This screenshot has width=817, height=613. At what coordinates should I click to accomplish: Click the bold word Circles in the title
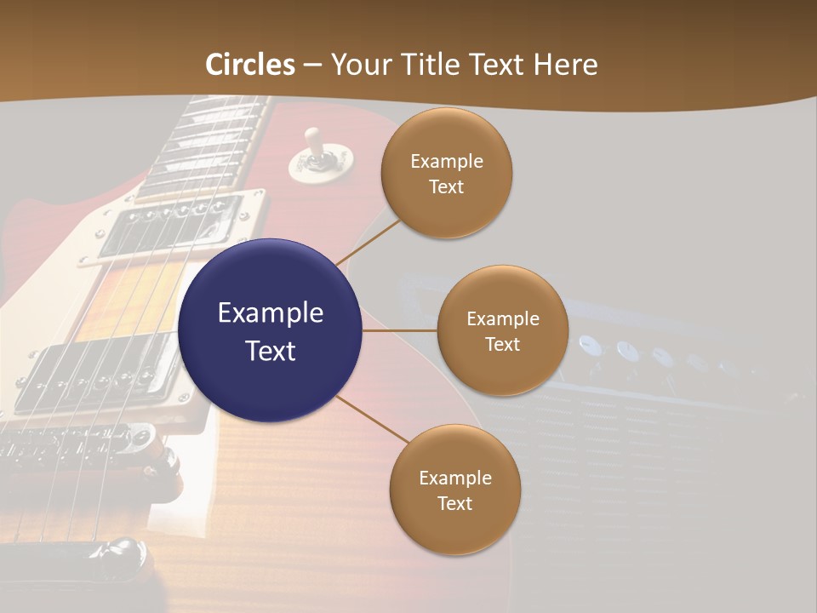250,64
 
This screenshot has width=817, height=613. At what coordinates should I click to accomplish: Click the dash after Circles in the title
312,65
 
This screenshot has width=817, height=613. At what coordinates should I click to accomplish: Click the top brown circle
446,174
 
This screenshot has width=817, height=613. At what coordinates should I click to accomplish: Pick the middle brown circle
502,330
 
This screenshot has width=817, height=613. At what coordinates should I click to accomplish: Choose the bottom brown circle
454,490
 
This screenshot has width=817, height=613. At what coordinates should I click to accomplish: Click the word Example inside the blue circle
270,313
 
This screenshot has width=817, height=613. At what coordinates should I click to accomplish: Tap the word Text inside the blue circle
270,351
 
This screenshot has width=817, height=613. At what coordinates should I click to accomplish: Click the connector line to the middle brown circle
399,330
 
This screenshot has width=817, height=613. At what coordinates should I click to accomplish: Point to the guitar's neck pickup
174,226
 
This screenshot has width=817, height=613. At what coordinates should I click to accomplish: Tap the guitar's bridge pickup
94,375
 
